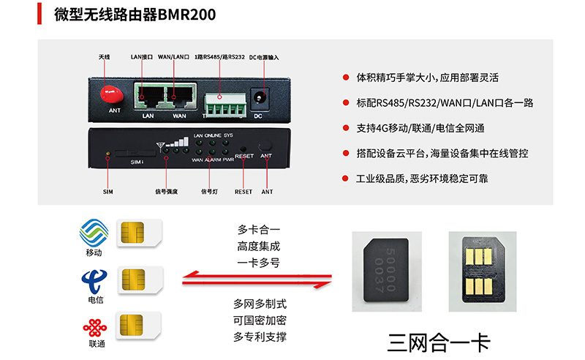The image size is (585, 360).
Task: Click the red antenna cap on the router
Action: [x=112, y=91]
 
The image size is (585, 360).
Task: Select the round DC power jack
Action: [x=258, y=97]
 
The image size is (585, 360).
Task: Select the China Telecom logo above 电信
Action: [x=93, y=280]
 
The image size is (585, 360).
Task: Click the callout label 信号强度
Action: [x=166, y=192]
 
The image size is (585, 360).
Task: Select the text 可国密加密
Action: [x=259, y=320]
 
